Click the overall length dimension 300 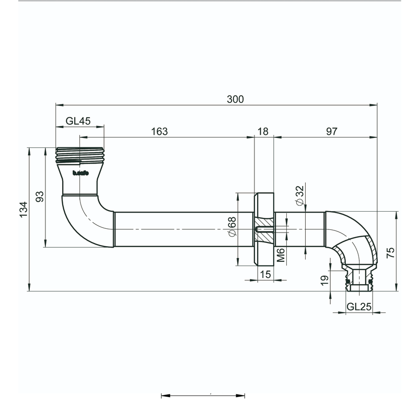[236, 99]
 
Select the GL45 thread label [78, 121]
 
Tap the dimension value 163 [159, 132]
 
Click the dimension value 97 [331, 132]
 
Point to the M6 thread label [281, 255]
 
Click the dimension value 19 [324, 280]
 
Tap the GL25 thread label [359, 307]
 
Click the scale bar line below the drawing [203, 396]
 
